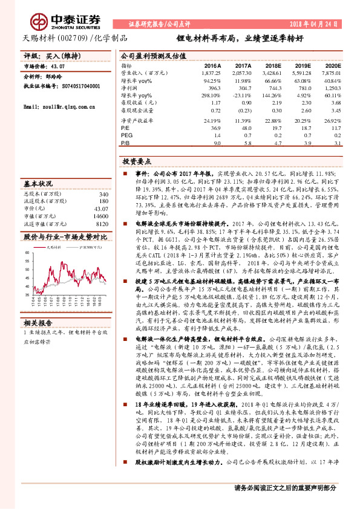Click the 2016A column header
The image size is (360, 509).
pyautogui.click(x=211, y=65)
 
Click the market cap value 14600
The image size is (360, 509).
pyautogui.click(x=99, y=215)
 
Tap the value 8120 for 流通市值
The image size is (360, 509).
pyautogui.click(x=100, y=223)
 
